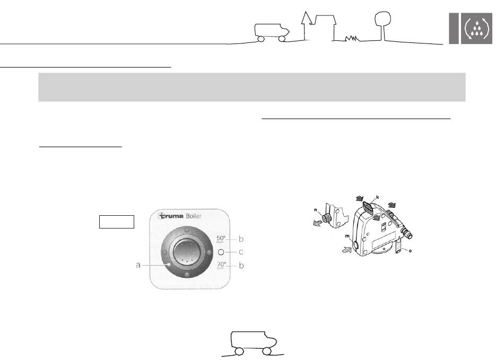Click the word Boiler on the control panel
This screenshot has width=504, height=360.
coord(194,216)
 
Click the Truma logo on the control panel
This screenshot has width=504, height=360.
coord(171,216)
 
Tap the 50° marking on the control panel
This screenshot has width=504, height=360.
coord(221,239)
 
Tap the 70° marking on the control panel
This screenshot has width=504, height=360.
coord(221,265)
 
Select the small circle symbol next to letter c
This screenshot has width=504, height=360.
coord(221,252)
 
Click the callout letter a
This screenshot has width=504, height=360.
coord(138,265)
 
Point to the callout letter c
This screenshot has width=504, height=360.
coord(241,252)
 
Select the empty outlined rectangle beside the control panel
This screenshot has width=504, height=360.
coord(117,222)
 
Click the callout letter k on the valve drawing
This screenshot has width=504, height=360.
coord(378,197)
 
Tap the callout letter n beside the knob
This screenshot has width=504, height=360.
coord(316,210)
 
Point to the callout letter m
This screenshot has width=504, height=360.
coord(347,236)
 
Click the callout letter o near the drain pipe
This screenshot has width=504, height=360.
coord(410,250)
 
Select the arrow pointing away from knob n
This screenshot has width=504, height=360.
coord(318,224)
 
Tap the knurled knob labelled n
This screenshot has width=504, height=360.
coord(327,218)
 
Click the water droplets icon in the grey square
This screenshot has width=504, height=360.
coord(477,28)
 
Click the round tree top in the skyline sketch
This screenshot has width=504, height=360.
coord(383,19)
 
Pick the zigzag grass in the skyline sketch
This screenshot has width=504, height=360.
coord(352,38)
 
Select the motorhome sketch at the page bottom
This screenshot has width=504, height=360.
coord(253,344)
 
